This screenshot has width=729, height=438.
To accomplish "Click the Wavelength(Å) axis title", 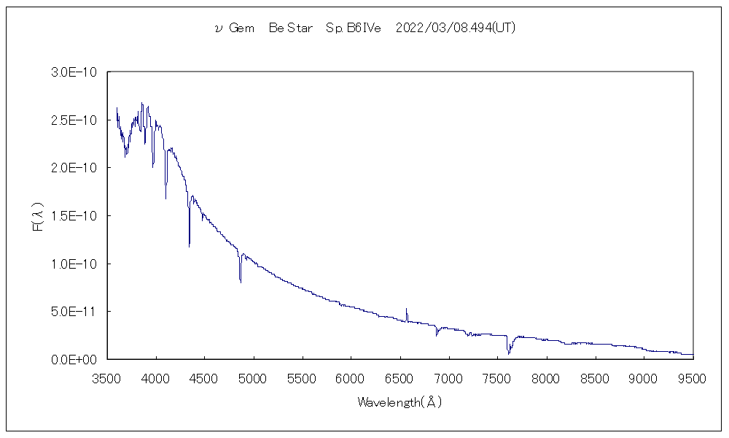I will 399,402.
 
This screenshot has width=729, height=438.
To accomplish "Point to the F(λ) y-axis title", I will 38,216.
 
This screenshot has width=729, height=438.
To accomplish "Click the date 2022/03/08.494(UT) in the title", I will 456,28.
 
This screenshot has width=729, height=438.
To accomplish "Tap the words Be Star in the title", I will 290,28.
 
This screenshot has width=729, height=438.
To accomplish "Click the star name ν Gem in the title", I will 235,28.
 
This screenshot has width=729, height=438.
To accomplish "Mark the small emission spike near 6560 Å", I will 406,310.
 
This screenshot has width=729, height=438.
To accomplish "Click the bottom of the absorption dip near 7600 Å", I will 509,353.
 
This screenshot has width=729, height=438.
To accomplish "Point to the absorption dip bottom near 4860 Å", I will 241,281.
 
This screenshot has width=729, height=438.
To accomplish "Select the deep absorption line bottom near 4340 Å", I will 190,246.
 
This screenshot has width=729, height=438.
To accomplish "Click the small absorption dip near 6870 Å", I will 437,335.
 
